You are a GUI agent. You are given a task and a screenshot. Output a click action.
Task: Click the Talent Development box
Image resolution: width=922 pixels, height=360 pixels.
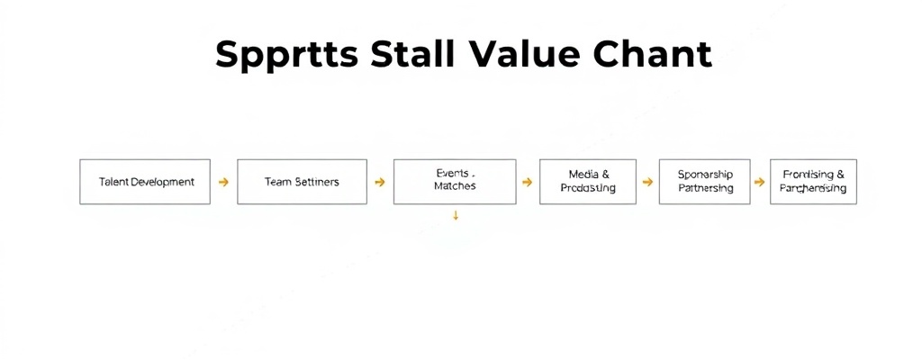(145, 182)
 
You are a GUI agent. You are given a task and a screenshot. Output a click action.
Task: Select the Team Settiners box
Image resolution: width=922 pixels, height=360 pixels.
(302, 182)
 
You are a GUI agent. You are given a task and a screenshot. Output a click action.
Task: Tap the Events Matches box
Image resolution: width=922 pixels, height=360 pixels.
(455, 182)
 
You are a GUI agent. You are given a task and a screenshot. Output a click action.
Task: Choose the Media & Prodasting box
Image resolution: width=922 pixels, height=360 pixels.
(588, 182)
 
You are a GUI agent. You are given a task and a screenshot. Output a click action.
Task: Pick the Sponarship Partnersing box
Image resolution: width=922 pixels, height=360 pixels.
(705, 182)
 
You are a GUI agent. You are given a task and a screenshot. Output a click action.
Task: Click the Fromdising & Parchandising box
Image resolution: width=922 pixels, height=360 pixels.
(813, 182)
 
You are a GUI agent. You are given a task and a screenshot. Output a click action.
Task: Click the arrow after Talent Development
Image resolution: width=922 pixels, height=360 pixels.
(223, 182)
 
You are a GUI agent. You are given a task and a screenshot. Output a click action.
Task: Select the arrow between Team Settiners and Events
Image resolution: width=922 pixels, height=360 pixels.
(379, 182)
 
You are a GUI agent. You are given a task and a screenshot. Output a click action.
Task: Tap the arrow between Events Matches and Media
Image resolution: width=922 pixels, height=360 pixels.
(527, 182)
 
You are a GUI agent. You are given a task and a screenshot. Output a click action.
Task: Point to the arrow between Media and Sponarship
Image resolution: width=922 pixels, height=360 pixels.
(647, 182)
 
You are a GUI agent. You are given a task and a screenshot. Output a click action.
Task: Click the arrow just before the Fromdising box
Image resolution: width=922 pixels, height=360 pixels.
(760, 182)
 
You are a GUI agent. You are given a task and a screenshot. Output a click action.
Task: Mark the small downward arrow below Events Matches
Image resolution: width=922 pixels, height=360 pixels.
(456, 216)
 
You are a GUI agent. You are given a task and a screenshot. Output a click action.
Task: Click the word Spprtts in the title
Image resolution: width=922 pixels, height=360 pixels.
(287, 56)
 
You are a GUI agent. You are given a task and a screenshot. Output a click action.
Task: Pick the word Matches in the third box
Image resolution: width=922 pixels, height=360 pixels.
(455, 186)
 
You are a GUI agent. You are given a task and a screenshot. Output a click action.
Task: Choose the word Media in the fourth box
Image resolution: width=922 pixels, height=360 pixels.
(583, 174)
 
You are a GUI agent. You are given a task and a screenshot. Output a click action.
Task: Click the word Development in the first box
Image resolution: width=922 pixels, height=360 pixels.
(162, 182)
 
